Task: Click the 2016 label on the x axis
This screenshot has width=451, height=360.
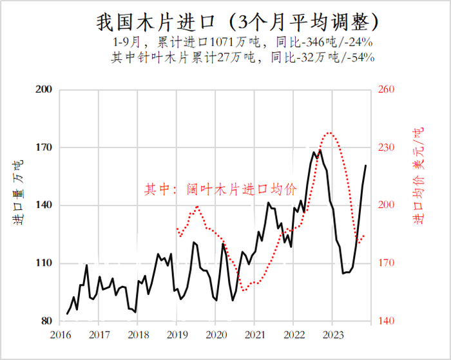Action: (60, 335)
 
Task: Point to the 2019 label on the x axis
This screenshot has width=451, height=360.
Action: (177, 335)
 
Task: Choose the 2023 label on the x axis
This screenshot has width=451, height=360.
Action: (332, 335)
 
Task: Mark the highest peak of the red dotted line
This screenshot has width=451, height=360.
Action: (330, 133)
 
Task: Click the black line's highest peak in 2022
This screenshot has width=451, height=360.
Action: (320, 150)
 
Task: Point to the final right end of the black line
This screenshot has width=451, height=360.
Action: (366, 166)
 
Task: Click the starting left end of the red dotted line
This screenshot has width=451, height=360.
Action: (177, 228)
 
